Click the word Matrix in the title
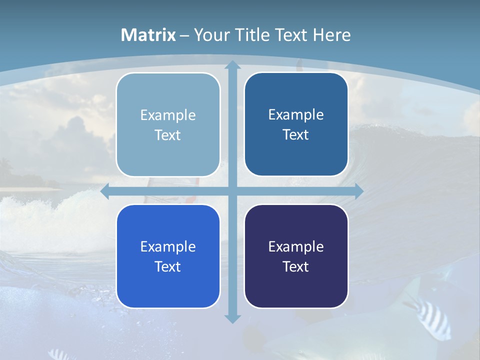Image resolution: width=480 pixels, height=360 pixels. click(148, 35)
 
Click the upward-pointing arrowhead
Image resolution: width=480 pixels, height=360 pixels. click(232, 65)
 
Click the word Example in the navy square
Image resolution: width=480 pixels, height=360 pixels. click(296, 246)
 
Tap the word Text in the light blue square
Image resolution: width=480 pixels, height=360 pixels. click(168, 135)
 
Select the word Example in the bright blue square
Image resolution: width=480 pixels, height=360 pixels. click(168, 246)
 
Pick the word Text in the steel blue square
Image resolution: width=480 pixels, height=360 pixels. click(296, 134)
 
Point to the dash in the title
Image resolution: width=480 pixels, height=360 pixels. click(184, 35)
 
